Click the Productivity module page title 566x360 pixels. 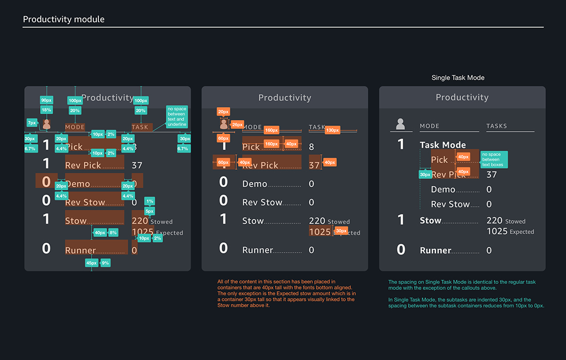coord(64,20)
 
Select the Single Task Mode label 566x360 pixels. coord(458,78)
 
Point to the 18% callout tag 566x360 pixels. coord(46,110)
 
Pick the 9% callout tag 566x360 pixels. coord(105,263)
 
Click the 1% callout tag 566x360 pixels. coord(150,201)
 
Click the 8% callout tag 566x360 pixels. coord(113,232)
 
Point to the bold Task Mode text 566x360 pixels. coord(443,145)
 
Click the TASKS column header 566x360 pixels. coord(497,126)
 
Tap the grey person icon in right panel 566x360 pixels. coord(401,124)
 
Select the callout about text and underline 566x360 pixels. coord(176,117)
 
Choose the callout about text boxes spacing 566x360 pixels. coord(493,159)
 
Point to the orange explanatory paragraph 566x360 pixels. coord(287,293)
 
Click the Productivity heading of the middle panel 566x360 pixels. coord(285,98)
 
